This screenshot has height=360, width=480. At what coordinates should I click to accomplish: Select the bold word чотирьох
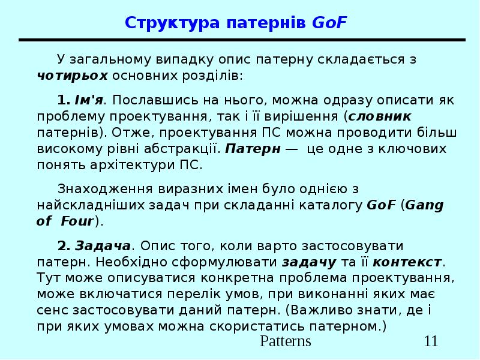click(72, 76)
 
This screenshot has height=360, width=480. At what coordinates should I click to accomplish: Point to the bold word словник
click(380, 115)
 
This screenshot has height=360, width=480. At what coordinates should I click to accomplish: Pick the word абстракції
click(182, 148)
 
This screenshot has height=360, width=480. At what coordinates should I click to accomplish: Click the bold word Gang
click(425, 205)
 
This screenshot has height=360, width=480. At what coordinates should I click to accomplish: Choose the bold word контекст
click(407, 262)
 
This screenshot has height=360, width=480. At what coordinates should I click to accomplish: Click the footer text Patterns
click(286, 342)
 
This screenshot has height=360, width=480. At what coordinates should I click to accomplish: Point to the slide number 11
click(431, 342)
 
